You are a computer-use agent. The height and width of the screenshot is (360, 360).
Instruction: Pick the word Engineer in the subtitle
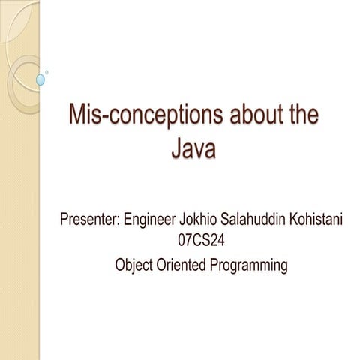tap(153, 221)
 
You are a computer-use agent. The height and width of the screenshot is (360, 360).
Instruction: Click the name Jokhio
tap(204, 221)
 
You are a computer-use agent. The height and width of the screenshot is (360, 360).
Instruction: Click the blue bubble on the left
tap(40, 79)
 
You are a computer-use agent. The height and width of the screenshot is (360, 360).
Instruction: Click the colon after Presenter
tap(119, 223)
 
